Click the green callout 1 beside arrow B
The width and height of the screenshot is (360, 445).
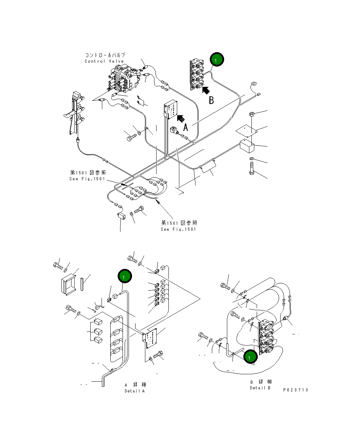pos(216,60)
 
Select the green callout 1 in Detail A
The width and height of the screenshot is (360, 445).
pos(125,276)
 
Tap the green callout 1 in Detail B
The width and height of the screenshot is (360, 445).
pos(250,357)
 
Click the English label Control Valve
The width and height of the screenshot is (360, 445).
pos(104,61)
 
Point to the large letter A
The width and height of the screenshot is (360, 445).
pos(186,127)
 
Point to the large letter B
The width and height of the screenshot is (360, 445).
pos(211,100)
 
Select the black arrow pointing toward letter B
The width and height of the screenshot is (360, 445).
pos(206,90)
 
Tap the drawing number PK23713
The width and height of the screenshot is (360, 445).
pos(296,390)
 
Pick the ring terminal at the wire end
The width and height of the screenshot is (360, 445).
pos(254,84)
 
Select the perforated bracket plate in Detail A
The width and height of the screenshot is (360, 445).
pos(152,338)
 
